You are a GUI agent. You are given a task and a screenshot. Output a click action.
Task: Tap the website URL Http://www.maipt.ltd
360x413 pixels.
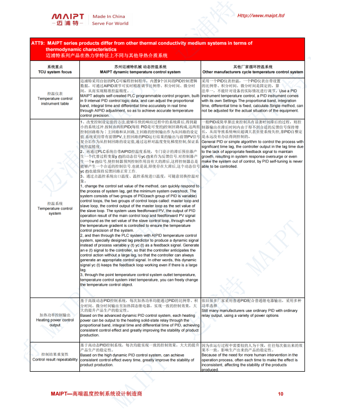(261, 15)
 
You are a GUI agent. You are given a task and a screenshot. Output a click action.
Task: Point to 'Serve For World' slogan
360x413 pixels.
(110, 23)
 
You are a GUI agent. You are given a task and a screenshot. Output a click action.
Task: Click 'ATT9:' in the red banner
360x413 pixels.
(39, 43)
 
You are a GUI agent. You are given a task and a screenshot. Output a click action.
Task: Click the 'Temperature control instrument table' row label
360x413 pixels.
(55, 101)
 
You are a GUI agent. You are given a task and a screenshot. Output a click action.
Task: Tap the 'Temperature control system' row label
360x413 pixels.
(55, 211)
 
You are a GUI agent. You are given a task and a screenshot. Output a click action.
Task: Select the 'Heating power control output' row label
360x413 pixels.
(55, 322)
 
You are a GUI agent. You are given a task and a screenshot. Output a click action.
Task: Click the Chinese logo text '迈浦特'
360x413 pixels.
(66, 24)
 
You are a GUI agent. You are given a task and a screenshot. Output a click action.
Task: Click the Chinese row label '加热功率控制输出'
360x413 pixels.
(55, 315)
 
